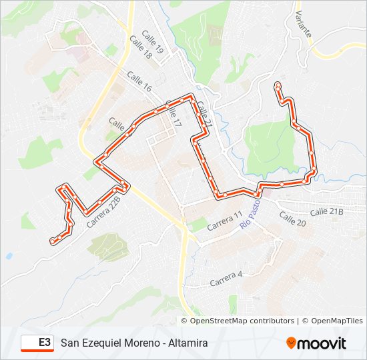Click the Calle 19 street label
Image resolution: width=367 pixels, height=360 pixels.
(x=152, y=45)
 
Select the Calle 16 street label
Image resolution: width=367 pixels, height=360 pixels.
(x=140, y=81)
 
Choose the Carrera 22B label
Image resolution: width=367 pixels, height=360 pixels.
(x=105, y=212)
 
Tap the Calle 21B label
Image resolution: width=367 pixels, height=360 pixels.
(x=326, y=211)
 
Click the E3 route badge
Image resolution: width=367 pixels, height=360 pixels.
(x=37, y=343)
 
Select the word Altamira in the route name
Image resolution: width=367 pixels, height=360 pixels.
(x=184, y=343)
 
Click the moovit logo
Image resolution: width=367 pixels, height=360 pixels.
(x=316, y=343)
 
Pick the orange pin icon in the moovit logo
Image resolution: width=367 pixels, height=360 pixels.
(x=292, y=343)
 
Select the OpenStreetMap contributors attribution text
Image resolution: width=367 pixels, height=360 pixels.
(x=242, y=321)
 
